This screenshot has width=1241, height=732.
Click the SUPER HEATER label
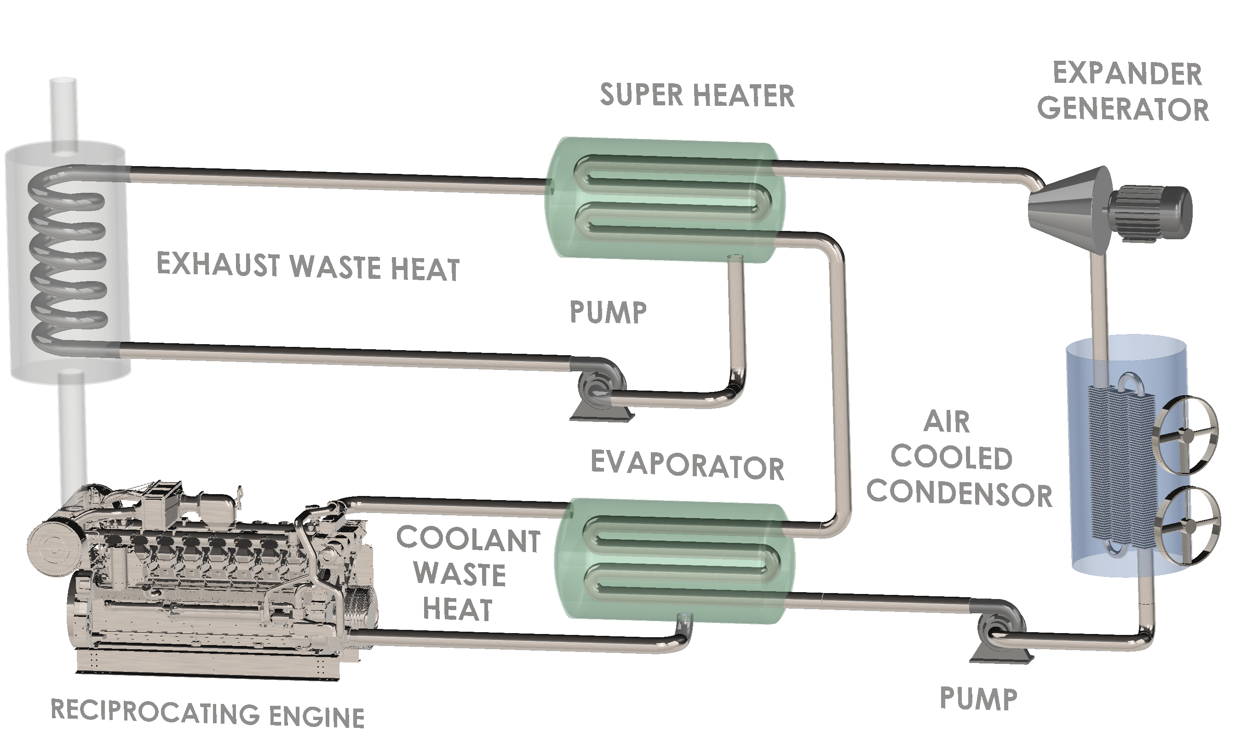click(697, 95)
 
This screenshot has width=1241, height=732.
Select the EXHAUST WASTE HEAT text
click(308, 267)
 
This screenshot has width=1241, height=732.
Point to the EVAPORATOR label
click(687, 466)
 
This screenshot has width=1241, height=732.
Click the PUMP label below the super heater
click(608, 312)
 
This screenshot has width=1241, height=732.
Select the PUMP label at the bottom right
click(979, 699)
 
